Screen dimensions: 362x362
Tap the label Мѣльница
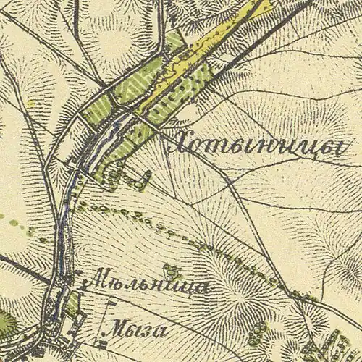click(147, 285)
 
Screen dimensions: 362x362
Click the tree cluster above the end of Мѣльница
click(172, 271)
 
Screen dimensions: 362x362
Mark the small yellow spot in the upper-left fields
click(31, 104)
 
